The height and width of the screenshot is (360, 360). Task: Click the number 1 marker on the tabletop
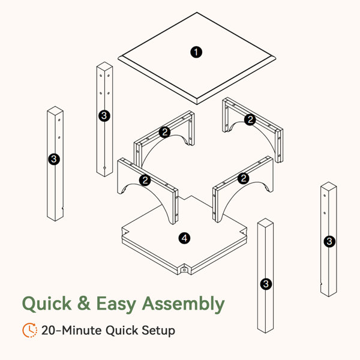coord(196,52)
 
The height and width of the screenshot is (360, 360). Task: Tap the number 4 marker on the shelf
coord(184,238)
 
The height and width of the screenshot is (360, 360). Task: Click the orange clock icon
coord(30,330)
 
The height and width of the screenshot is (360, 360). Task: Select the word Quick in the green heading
coord(47,304)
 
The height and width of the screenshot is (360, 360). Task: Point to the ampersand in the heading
coord(84,303)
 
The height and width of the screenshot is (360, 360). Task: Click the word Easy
coord(116,304)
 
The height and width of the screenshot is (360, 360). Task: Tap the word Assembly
coord(183,304)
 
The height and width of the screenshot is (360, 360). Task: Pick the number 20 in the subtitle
coord(49,331)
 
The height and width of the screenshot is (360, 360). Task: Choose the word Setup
coord(158,331)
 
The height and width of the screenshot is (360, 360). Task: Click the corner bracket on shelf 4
coord(184,269)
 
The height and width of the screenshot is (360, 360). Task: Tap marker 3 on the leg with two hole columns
coord(104,116)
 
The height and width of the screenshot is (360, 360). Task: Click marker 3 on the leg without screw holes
coord(266,284)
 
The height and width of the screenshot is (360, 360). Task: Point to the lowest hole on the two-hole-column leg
coord(104,168)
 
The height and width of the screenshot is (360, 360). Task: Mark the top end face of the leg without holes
coord(265,222)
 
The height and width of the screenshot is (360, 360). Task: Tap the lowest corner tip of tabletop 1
coord(197,104)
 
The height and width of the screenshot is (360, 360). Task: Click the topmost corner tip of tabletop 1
coord(197,13)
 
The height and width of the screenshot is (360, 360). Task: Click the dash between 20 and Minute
coord(59,331)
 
